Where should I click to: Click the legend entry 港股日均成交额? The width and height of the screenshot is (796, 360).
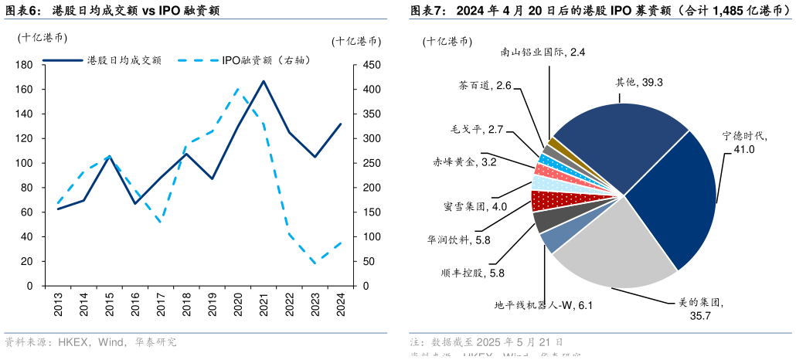click(x=124, y=59)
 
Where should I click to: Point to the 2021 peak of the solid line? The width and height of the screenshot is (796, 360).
click(x=264, y=81)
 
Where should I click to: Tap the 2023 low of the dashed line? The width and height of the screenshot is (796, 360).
click(x=315, y=263)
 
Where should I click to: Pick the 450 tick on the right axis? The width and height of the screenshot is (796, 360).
click(x=371, y=65)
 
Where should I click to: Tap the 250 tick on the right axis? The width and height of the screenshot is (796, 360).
click(x=371, y=163)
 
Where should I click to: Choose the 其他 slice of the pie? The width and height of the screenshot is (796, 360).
click(x=618, y=139)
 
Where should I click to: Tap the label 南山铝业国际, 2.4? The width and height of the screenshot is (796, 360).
click(x=543, y=52)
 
